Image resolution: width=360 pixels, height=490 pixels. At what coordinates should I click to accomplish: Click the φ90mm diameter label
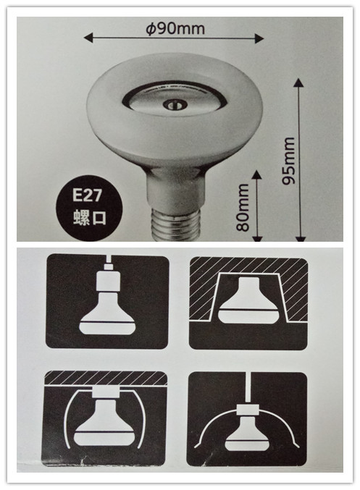(175, 29)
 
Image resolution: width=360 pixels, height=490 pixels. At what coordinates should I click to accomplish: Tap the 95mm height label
(288, 161)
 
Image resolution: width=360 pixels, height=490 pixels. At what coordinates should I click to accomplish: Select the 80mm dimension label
(243, 208)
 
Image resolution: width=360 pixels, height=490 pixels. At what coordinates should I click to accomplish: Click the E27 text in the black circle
(87, 195)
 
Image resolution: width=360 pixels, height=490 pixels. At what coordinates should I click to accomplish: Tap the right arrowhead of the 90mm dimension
(259, 38)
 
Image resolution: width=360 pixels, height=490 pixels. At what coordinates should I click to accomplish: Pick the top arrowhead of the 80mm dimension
(257, 174)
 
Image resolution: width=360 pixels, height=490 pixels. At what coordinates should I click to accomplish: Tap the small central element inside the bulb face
(175, 104)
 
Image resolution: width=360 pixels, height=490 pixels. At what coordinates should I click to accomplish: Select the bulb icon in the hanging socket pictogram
(108, 313)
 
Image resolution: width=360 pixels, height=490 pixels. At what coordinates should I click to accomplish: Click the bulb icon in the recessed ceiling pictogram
(248, 301)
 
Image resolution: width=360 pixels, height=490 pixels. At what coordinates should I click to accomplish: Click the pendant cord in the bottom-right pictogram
(248, 387)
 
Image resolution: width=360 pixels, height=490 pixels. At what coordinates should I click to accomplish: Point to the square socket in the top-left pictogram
(108, 281)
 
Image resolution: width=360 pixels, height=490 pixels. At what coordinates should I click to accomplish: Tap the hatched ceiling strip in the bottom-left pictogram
(106, 378)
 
